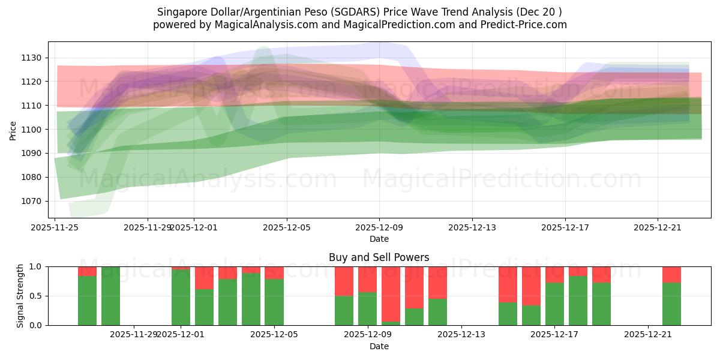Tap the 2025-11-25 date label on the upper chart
click(x=55, y=228)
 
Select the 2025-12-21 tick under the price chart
click(x=658, y=228)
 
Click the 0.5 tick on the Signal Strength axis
click(x=35, y=296)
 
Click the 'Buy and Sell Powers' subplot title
click(x=379, y=257)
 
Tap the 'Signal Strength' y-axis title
click(x=20, y=295)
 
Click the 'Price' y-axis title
click(x=13, y=130)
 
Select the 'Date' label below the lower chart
click(x=379, y=346)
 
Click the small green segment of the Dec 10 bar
click(x=391, y=323)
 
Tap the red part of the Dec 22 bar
click(x=671, y=274)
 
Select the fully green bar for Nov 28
click(x=110, y=296)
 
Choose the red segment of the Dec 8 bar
click(x=344, y=281)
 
